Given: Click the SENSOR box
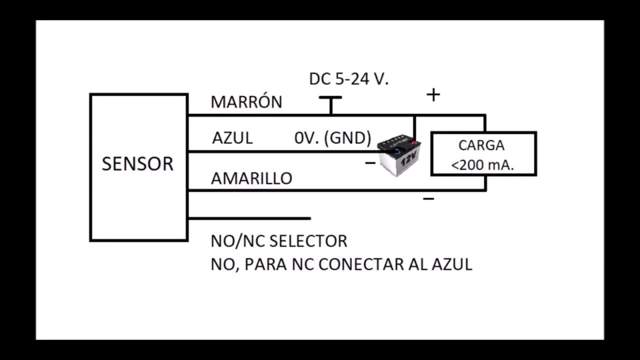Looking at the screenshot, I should [x=138, y=167].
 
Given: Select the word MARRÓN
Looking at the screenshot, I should [x=246, y=102].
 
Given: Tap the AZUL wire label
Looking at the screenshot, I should [x=232, y=138].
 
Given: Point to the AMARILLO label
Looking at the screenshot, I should [x=251, y=178].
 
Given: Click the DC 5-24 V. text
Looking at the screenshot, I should [x=348, y=79].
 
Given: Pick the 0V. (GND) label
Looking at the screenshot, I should [x=332, y=138].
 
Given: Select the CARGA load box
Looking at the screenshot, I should [x=483, y=153].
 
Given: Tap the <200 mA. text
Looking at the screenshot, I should [x=482, y=165].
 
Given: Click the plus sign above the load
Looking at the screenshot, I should [x=433, y=94].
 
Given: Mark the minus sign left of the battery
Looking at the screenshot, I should [x=370, y=162].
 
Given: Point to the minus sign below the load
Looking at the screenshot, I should [x=428, y=199].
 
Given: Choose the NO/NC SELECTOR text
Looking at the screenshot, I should [x=278, y=241].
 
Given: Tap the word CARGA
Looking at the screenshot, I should [x=481, y=145].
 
